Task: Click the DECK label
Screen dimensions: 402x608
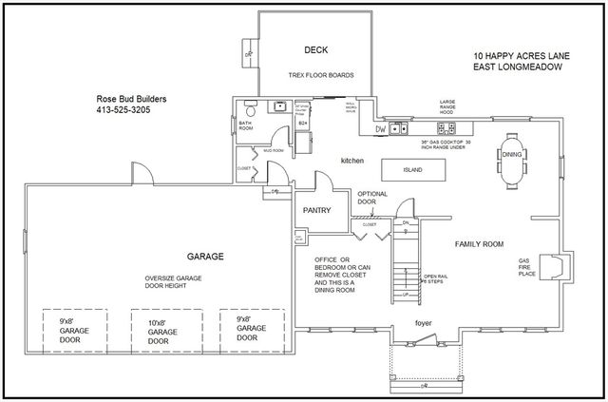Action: (316, 49)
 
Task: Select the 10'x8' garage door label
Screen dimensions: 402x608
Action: (158, 330)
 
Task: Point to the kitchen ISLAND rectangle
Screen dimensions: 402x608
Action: (412, 169)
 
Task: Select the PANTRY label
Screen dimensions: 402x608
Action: (315, 210)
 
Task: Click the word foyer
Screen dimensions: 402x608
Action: (424, 323)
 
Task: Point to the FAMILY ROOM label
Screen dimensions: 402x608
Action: (478, 244)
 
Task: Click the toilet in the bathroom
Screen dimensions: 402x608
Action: (249, 106)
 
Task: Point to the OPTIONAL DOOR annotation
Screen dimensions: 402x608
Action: (372, 197)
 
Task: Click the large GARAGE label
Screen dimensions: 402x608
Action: (204, 257)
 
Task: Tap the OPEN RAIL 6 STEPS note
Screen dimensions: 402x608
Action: (435, 278)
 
